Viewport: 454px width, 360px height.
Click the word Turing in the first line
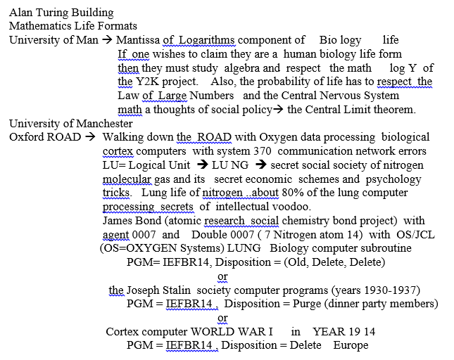pos(53,13)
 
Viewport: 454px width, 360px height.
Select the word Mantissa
pos(139,40)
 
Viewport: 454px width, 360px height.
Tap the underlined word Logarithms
pos(208,40)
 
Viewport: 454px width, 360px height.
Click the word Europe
pos(351,345)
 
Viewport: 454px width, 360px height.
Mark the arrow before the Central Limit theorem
pos(278,110)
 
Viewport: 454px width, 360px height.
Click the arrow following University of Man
pos(107,40)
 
